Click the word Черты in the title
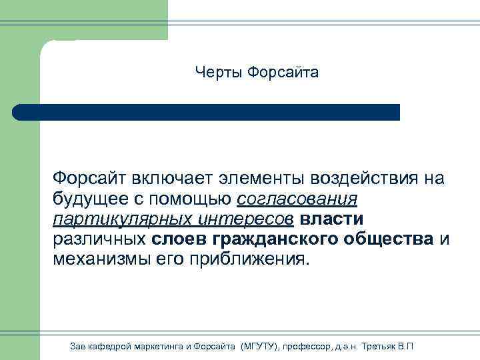click(x=218, y=72)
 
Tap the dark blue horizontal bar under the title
click(x=207, y=112)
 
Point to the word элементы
click(x=257, y=179)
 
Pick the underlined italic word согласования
click(x=297, y=199)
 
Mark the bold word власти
click(x=332, y=219)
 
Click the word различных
click(x=99, y=239)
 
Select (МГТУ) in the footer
click(x=259, y=347)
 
